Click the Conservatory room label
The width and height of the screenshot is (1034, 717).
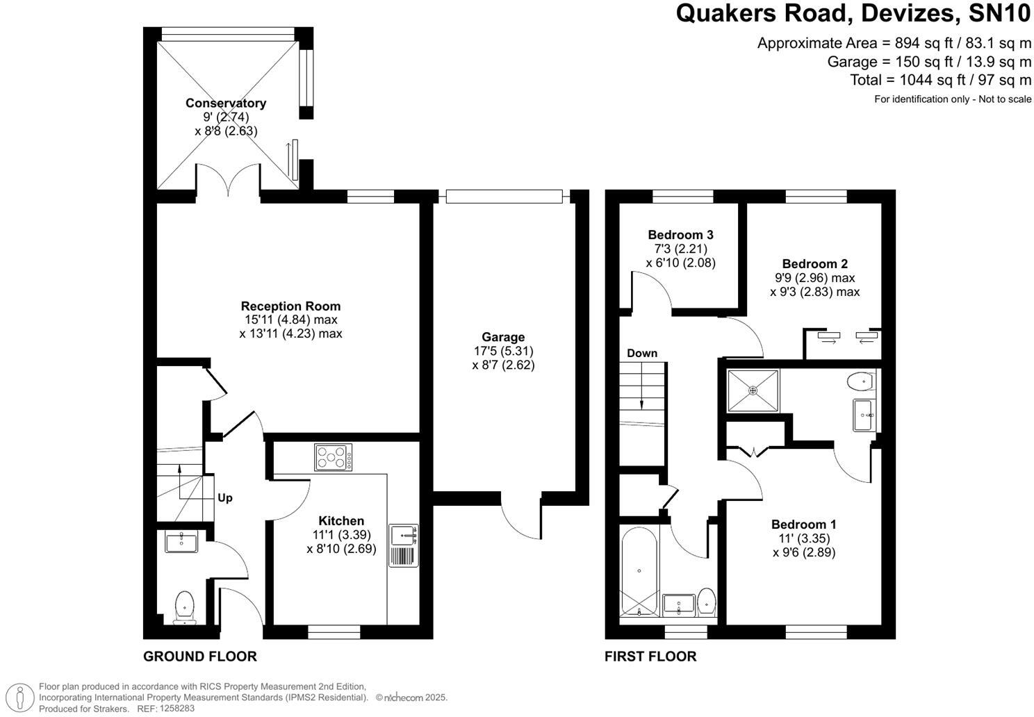pos(225,104)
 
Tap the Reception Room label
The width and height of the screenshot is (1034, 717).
pos(290,306)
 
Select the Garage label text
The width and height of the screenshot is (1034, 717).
pos(503,337)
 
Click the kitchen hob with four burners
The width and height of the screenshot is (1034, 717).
pos(334,457)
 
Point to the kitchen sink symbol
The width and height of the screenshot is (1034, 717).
pos(403,536)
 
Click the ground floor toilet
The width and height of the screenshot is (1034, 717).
pos(185,606)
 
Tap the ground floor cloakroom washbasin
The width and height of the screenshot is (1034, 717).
pos(181,541)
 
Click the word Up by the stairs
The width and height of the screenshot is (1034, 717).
pos(225,498)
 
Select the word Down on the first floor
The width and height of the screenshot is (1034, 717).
pos(641,353)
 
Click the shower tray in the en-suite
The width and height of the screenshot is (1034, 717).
pos(753,390)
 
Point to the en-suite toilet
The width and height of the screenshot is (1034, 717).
pos(861,381)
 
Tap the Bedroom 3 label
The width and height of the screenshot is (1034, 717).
pos(680,235)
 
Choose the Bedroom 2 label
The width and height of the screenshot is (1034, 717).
pos(814,264)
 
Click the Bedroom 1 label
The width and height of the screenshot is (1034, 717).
pos(803,525)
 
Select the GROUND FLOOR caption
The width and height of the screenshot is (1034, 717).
pos(199,657)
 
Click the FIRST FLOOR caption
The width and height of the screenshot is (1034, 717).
pos(650,657)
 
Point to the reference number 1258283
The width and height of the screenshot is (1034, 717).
pos(177,709)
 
